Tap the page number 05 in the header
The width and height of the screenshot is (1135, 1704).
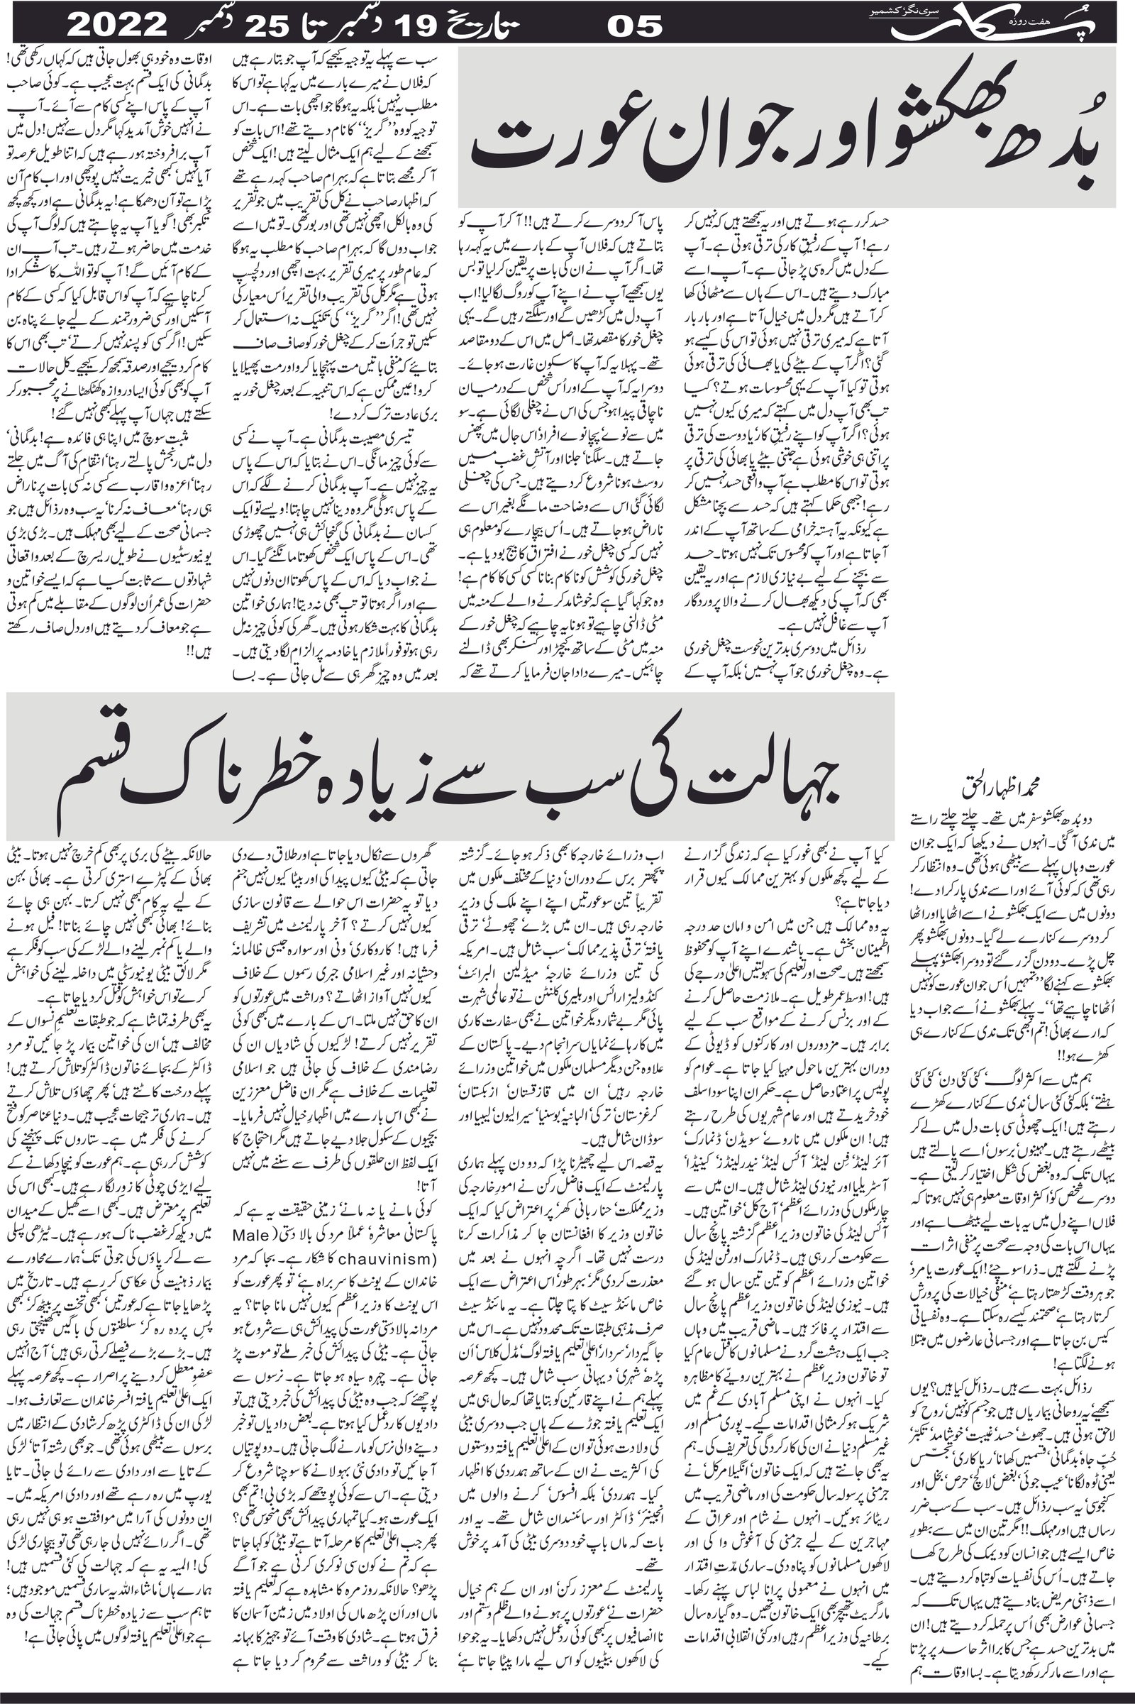point(634,27)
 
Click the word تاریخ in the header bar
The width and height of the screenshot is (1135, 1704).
point(496,27)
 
